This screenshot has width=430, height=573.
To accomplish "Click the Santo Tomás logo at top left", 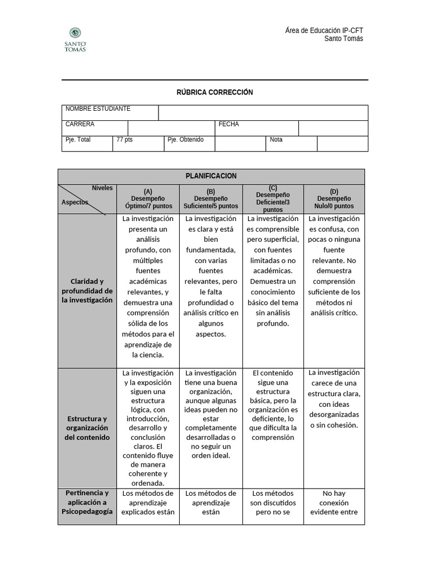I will [75, 39].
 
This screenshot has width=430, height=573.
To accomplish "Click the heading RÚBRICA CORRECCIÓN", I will [215, 92].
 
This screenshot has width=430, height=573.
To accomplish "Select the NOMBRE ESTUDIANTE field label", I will [98, 109].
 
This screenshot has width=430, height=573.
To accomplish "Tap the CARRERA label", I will [80, 124].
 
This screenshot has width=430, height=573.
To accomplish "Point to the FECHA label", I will [228, 124].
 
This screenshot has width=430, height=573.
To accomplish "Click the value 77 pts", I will [125, 140].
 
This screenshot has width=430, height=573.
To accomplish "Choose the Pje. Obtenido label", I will [185, 140].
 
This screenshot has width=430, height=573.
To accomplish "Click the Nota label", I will [276, 140].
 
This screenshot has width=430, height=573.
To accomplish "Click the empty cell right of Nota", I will [342, 144].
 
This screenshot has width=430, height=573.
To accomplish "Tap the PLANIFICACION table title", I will [211, 176].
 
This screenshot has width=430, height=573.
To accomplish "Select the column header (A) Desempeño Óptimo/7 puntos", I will [148, 199].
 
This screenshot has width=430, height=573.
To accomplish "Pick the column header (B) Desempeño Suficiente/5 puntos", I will [211, 199].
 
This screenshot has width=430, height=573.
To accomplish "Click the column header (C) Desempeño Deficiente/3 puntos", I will [273, 199].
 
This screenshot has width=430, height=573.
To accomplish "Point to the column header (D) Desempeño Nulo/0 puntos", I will [334, 199].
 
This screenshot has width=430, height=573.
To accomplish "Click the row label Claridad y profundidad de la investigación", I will [87, 291].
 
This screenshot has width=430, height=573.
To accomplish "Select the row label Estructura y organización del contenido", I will [87, 428].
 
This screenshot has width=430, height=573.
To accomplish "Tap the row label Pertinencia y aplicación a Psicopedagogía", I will [87, 502].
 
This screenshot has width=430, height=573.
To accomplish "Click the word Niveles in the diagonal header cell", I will [102, 189].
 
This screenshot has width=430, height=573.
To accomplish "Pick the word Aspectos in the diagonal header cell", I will [74, 203].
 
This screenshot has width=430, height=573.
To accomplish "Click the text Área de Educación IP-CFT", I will [324, 30].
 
